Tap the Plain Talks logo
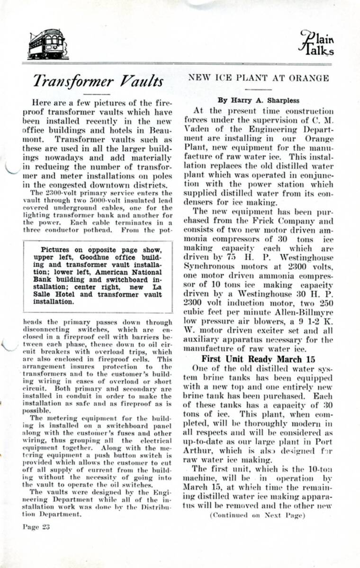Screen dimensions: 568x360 click(316, 44)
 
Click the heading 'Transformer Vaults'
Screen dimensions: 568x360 click(99, 81)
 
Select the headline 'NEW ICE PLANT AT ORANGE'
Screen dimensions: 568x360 click(259, 77)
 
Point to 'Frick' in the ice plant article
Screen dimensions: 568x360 click(271, 221)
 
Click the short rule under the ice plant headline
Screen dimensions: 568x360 click(259, 87)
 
